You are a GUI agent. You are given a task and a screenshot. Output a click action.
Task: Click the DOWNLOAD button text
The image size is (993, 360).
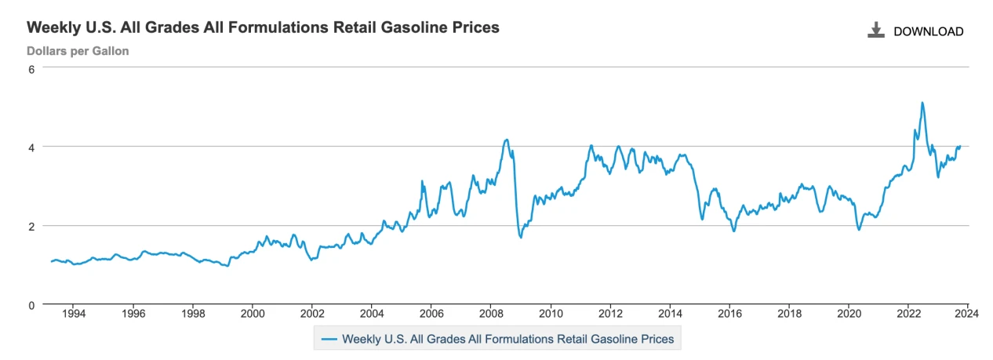[x=928, y=31]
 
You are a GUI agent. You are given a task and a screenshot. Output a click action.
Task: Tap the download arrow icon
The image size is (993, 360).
[x=875, y=31]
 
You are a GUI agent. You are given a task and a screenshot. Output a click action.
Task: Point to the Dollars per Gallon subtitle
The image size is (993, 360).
[x=78, y=51]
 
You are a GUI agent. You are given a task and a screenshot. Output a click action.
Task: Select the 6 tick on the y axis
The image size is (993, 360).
[x=32, y=68]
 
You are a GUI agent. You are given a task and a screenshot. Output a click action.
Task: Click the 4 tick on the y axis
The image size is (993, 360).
[x=32, y=147]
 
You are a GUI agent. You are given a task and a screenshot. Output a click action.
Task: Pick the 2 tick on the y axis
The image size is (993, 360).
[x=32, y=226]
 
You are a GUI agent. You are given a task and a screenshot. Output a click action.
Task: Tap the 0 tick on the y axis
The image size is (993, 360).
[x=32, y=304]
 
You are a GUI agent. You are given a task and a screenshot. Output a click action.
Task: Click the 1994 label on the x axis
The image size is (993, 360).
[x=73, y=315]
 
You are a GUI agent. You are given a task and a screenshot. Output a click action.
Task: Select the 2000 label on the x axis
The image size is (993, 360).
[x=252, y=315]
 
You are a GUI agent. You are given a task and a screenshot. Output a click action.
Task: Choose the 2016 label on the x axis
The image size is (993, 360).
[x=729, y=315]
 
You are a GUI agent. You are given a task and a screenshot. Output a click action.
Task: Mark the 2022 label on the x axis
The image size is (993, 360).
[x=908, y=315]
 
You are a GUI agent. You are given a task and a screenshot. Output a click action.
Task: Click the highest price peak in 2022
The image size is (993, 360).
[x=922, y=103]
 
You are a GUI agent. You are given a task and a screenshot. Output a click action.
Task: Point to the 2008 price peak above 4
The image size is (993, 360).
[x=507, y=140]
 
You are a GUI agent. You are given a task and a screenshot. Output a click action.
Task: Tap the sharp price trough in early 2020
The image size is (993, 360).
[x=859, y=229]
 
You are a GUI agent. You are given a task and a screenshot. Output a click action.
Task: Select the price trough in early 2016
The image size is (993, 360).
[x=734, y=231]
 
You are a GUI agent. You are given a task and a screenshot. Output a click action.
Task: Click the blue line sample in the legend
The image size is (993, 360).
[x=329, y=339]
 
